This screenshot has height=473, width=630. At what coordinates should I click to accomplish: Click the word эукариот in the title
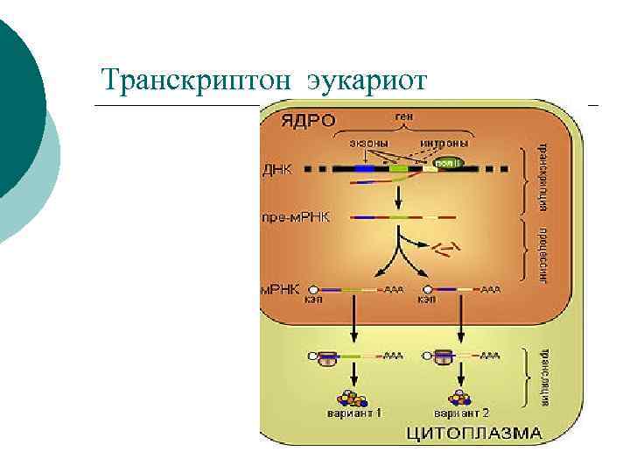tap(367, 81)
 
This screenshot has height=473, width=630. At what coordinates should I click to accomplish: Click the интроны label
tap(445, 143)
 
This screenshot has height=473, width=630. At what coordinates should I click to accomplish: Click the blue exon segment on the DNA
tap(364, 168)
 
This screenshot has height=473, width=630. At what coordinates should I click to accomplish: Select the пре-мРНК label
tap(296, 215)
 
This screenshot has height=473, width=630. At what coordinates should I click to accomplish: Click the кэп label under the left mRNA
tap(313, 300)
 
